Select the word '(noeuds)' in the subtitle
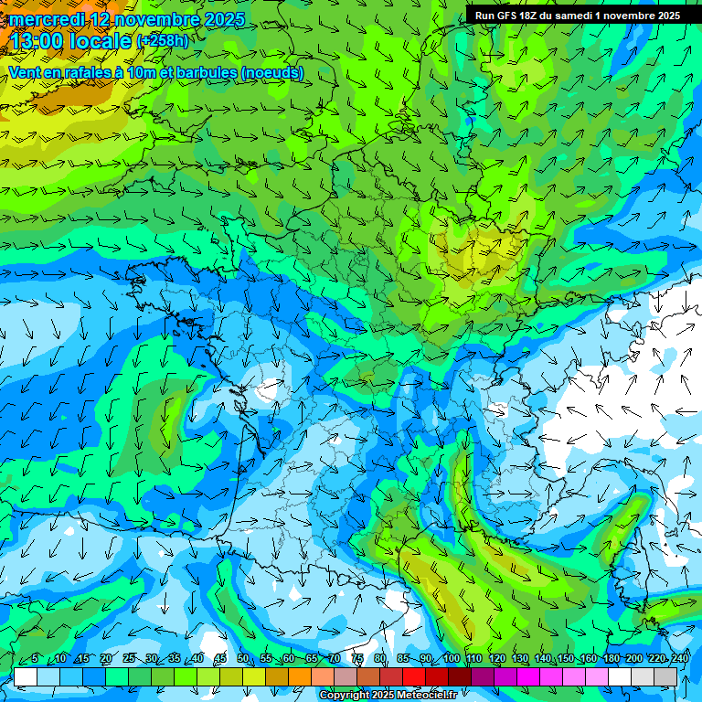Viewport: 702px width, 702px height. [x=272, y=73]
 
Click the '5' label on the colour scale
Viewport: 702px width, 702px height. [x=35, y=659]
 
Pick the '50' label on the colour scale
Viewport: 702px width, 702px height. [x=242, y=659]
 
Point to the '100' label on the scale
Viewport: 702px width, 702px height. [x=451, y=659]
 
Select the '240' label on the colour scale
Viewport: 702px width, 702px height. [x=680, y=659]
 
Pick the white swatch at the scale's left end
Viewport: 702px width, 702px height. [x=26, y=676]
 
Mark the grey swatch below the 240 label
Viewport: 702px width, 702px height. [x=665, y=676]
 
